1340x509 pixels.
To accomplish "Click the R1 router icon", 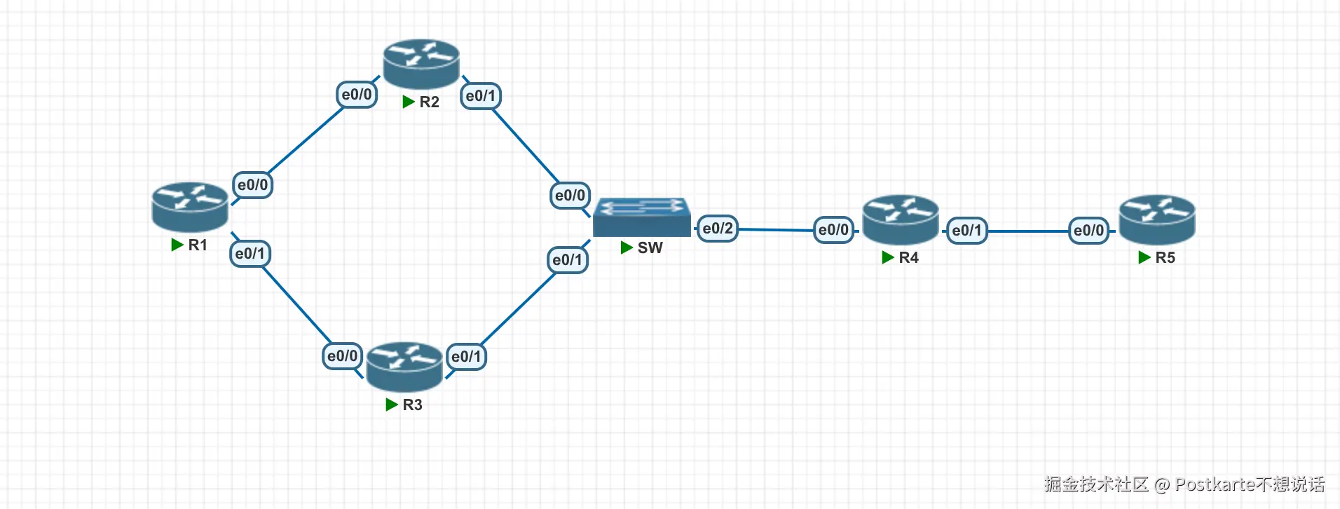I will tap(190, 207).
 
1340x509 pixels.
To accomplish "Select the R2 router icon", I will tap(421, 64).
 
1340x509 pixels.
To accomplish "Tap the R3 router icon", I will tap(404, 367).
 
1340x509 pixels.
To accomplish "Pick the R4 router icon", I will tap(901, 219).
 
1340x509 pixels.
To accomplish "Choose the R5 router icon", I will tap(1157, 219).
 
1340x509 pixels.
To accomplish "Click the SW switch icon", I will tap(641, 217).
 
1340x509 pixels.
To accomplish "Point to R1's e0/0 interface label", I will tap(252, 185).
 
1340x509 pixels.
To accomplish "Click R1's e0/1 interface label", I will tap(250, 254).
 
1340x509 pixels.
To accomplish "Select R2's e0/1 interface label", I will tap(480, 96).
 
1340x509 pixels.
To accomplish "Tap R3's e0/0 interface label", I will tap(343, 356).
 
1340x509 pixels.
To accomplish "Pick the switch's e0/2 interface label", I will tap(718, 229).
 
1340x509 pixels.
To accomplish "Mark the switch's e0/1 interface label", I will tap(567, 260).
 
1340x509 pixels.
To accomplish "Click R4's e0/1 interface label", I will tap(967, 231).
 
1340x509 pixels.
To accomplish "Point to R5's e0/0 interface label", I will tap(1089, 231).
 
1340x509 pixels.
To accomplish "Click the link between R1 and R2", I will tap(306, 140).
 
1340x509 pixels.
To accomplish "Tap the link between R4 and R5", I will tap(1027, 231).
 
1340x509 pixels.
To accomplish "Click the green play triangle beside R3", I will tap(392, 405).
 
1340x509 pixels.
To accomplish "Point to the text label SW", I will tap(650, 247).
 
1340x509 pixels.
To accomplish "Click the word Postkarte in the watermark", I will tap(1215, 484).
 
